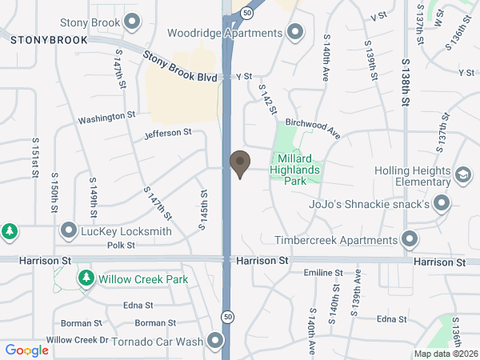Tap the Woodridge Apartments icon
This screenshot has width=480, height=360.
(295, 33)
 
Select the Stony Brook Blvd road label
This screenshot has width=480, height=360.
(180, 67)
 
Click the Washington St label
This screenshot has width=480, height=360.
(106, 118)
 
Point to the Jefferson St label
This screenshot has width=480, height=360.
(168, 133)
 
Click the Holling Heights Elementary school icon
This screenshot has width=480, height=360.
(462, 174)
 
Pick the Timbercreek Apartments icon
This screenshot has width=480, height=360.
(410, 239)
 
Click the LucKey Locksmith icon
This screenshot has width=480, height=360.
(69, 231)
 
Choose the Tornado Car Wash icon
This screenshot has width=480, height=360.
(215, 342)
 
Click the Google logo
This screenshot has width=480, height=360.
(26, 350)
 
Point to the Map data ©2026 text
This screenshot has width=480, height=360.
(444, 353)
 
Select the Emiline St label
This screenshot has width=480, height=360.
(322, 273)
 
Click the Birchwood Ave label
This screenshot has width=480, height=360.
(313, 127)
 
